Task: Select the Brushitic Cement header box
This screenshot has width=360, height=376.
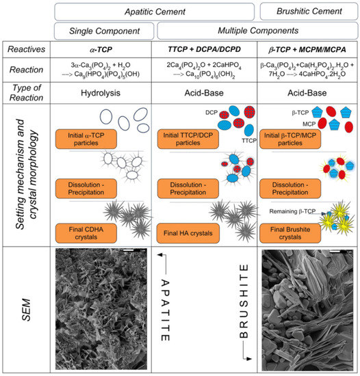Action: point(309,12)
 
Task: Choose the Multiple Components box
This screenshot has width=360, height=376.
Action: point(257,31)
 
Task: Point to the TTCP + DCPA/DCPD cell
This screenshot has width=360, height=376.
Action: point(202,51)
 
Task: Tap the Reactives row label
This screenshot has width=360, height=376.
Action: point(29,51)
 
